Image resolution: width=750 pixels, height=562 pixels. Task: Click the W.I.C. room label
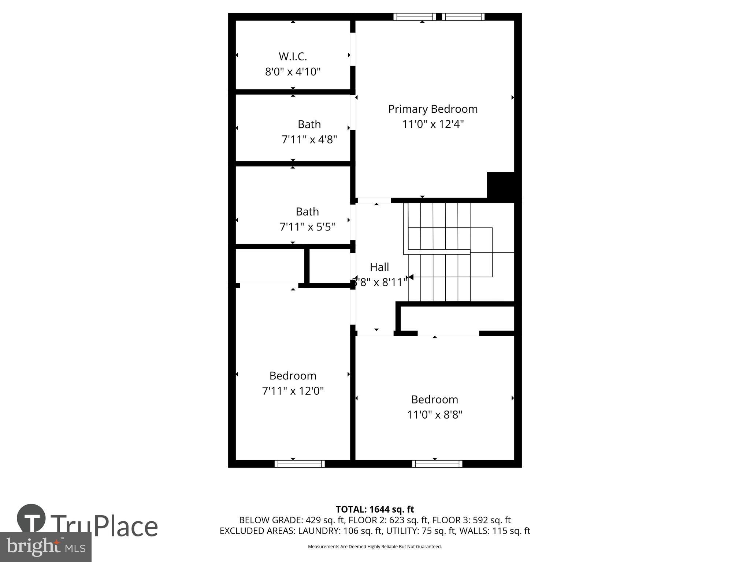[293, 56]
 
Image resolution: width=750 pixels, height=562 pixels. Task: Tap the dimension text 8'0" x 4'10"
[293, 72]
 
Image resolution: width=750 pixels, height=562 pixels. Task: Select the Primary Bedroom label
[433, 109]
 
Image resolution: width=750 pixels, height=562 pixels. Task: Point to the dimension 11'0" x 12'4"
[433, 124]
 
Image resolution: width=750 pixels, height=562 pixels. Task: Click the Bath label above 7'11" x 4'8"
[309, 124]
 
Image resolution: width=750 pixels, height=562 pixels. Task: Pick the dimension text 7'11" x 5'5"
[307, 227]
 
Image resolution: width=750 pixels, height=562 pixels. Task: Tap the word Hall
[379, 267]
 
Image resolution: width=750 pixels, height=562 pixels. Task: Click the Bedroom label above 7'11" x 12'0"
[293, 376]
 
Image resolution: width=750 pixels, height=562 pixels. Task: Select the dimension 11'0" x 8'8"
[435, 415]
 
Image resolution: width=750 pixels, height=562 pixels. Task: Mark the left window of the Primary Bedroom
[415, 17]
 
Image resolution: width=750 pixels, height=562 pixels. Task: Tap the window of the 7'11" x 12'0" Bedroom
[300, 464]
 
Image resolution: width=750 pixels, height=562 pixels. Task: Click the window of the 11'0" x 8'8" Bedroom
[437, 464]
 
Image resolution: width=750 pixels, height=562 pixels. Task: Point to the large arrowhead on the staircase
[411, 277]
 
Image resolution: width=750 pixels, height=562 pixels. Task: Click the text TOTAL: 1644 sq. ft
[375, 509]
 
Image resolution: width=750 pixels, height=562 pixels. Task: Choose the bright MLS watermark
[46, 547]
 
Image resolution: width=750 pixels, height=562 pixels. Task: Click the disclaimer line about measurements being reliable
[375, 547]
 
